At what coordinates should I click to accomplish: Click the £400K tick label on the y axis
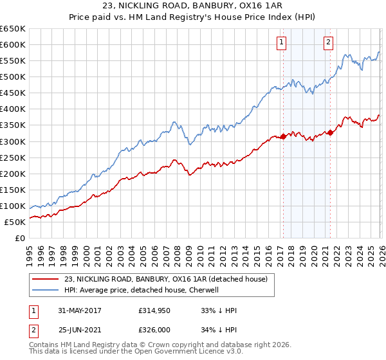pyautogui.click(x=13, y=109)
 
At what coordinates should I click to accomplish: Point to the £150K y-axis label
pyautogui.click(x=13, y=190)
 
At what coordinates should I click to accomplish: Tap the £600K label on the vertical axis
pyautogui.click(x=13, y=44)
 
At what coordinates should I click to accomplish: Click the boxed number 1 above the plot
pyautogui.click(x=282, y=43)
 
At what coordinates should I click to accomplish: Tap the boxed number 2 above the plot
pyautogui.click(x=328, y=43)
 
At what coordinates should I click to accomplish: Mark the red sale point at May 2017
pyautogui.click(x=282, y=136)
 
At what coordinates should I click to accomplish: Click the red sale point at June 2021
pyautogui.click(x=330, y=132)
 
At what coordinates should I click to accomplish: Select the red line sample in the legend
pyautogui.click(x=46, y=278)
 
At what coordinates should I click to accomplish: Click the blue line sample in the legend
pyautogui.click(x=46, y=290)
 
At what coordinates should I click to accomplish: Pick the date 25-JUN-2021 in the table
pyautogui.click(x=78, y=331)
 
